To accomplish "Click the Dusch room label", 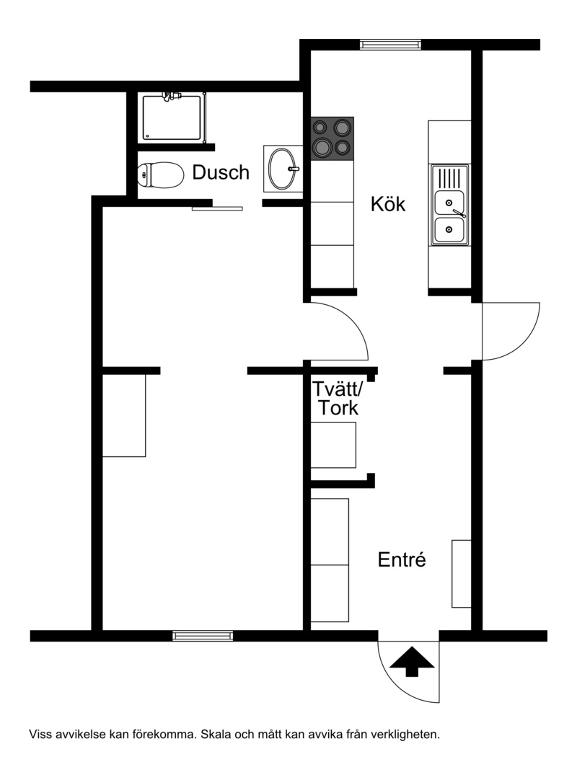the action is click(221, 172).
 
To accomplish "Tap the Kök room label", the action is click(388, 204).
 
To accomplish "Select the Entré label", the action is click(402, 559).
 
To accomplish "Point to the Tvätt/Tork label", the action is click(338, 398).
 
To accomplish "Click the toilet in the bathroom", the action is click(160, 175).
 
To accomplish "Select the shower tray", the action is click(172, 118).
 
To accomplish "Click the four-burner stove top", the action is click(332, 138).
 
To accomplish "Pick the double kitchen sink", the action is click(450, 205).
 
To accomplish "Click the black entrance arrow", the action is click(412, 662).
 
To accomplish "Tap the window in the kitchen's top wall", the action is click(391, 45).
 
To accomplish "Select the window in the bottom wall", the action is click(203, 636).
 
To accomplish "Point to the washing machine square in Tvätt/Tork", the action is click(333, 446).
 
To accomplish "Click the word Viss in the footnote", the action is click(40, 735).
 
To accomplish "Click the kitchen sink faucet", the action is click(459, 213).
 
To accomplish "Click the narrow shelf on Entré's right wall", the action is click(462, 574).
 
